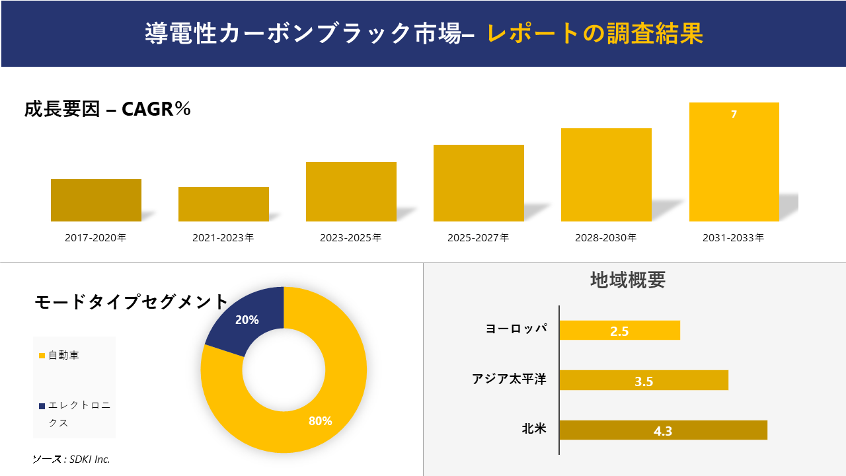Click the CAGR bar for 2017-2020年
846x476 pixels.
click(x=96, y=200)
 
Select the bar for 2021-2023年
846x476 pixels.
click(x=223, y=204)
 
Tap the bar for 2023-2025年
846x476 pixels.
click(x=351, y=192)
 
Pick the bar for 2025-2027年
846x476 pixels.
click(x=479, y=183)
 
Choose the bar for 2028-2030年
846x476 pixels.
click(x=606, y=175)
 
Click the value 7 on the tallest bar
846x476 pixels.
click(x=734, y=114)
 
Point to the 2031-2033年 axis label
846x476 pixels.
click(x=734, y=238)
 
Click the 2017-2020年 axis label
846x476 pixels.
click(x=96, y=238)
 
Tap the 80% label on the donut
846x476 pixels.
click(x=320, y=421)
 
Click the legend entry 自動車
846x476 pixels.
click(x=63, y=356)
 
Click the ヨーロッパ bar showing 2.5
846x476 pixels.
click(x=619, y=331)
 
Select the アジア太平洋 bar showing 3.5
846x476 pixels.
click(x=644, y=381)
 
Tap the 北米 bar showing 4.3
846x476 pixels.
click(x=663, y=430)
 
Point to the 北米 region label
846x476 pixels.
click(x=534, y=428)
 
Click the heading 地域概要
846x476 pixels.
click(x=627, y=280)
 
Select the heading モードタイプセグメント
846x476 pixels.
click(x=131, y=302)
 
